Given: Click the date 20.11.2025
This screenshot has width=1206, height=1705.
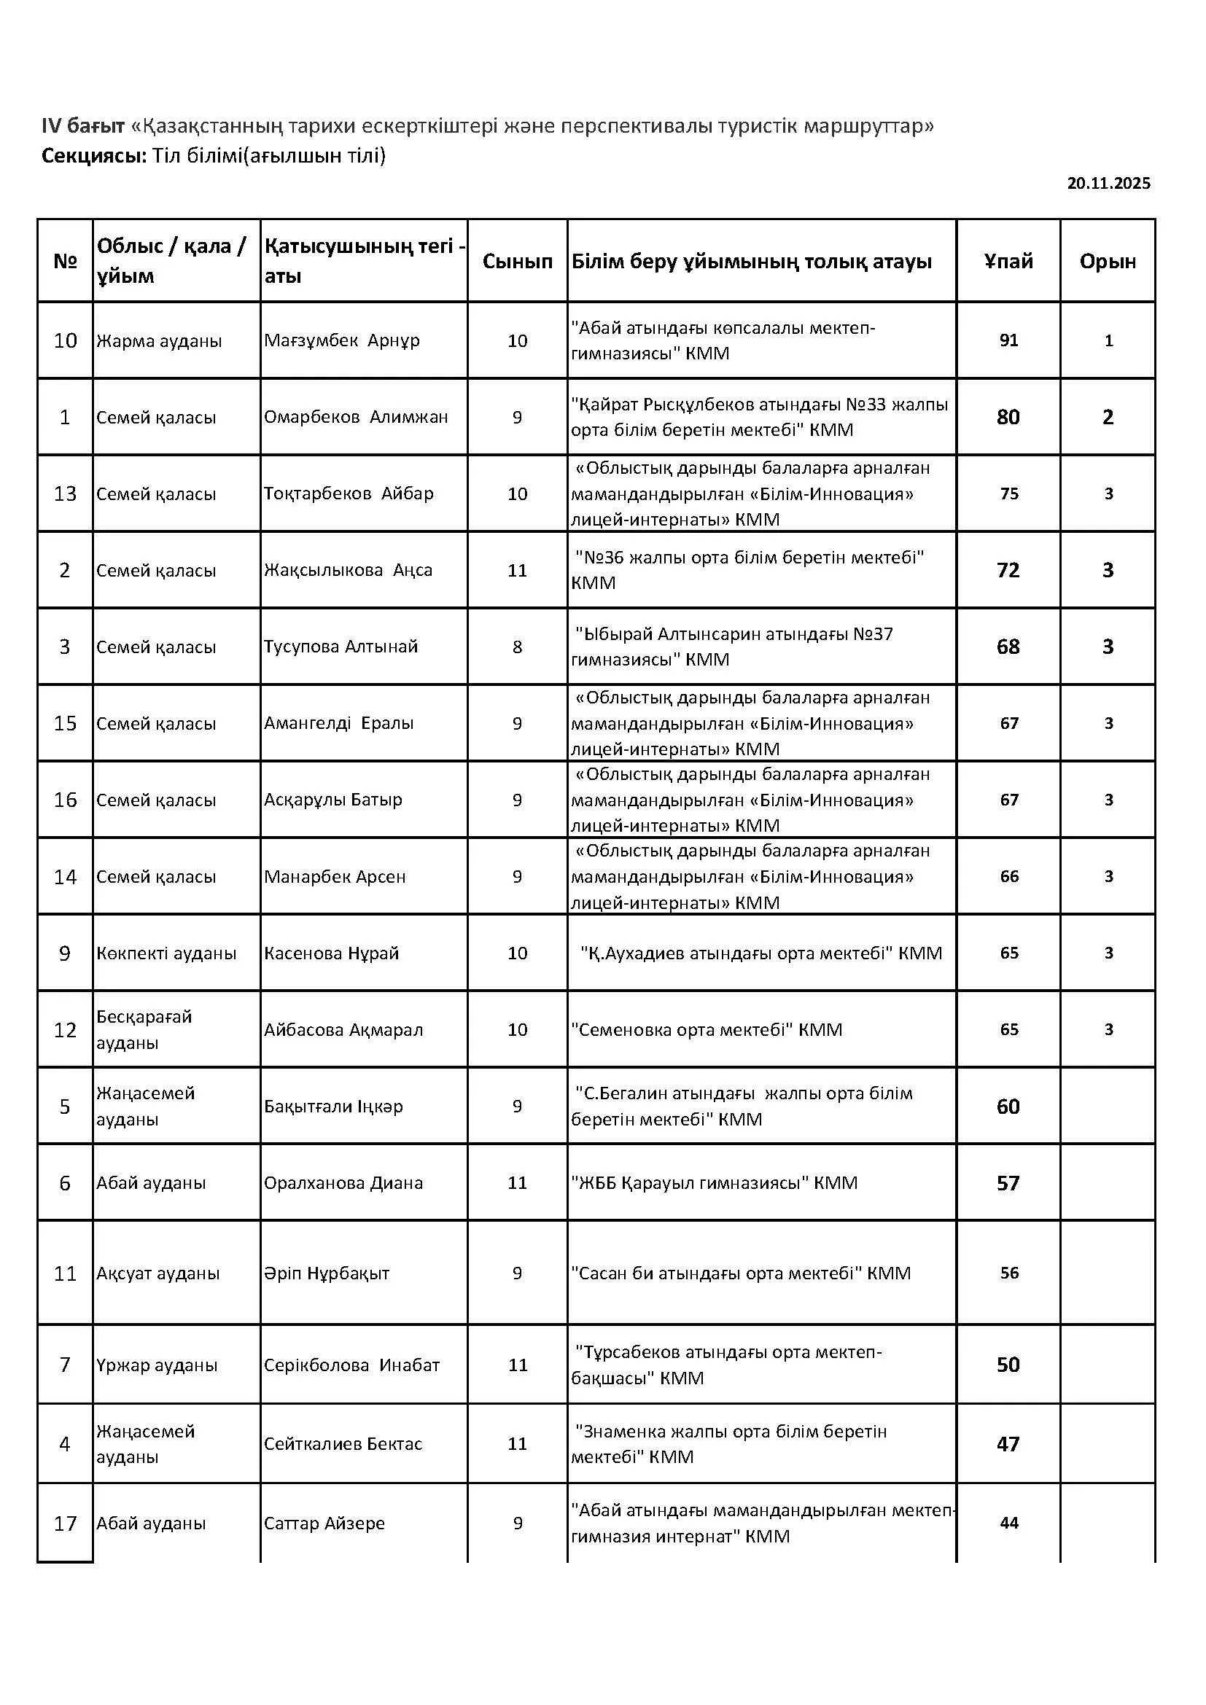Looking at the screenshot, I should [1108, 184].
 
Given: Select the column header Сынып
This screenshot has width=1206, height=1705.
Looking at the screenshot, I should [517, 262].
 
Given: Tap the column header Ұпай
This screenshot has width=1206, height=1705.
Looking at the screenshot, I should [1008, 262].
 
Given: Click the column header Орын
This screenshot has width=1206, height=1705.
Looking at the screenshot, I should [1108, 262].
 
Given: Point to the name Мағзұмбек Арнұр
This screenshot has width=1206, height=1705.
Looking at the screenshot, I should [341, 341].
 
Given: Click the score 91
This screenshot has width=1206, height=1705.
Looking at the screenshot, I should [1008, 341].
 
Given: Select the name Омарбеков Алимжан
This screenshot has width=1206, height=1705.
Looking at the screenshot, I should [356, 418].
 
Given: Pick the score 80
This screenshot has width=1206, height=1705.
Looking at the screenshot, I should [1008, 418].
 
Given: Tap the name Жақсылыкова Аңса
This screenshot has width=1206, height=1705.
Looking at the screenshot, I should [348, 570].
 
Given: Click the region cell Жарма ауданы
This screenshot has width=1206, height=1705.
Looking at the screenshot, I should [159, 342].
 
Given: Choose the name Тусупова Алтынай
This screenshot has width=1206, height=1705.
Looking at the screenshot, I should [341, 647].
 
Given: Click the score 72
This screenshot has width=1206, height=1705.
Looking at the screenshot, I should [1008, 570].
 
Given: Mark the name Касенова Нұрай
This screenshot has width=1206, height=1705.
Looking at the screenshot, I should [331, 953].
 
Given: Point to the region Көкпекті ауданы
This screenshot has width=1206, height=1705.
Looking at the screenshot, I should [166, 953].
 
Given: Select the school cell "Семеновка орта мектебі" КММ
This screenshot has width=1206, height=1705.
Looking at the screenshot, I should [707, 1030].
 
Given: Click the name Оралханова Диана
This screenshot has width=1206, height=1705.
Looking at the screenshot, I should [343, 1183].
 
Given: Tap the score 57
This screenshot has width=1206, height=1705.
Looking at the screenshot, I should [1008, 1183].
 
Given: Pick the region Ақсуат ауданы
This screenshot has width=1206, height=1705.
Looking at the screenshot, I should [157, 1273].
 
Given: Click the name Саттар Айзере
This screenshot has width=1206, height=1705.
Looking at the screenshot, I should [324, 1523].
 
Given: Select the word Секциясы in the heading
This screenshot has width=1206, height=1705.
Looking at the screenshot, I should [93, 156].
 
